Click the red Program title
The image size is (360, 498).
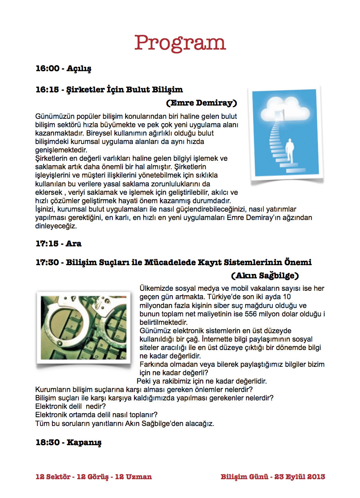180,43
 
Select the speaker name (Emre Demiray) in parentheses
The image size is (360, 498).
202,103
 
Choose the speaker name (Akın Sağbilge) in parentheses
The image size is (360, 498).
265,276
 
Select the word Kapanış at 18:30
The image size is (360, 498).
84,443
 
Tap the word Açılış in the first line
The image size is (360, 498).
79,69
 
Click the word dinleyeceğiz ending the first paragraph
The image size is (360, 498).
56,226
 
